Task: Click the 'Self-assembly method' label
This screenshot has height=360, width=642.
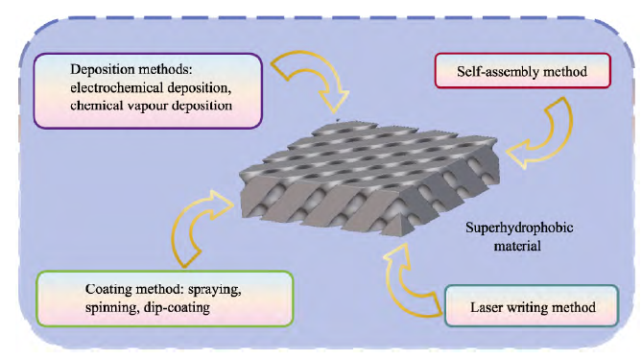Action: pos(522,72)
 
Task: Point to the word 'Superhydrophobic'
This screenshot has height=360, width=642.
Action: pos(519,228)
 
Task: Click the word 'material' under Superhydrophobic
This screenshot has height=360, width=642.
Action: pos(517,246)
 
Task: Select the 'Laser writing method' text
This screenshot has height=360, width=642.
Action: pos(533,307)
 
